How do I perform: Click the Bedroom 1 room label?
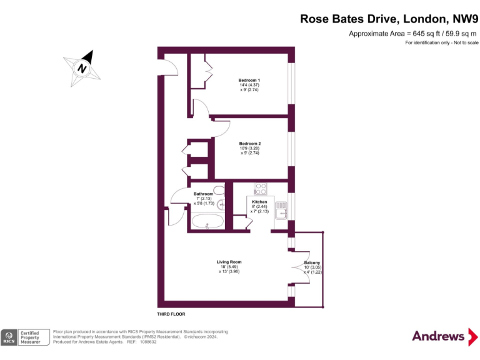point(249,79)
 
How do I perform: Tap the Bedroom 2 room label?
point(249,143)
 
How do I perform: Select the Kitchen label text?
point(259,202)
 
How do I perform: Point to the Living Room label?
point(229,262)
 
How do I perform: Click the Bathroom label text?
point(203,194)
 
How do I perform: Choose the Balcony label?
point(312,262)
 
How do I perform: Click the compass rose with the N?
point(82,66)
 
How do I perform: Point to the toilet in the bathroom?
point(219,190)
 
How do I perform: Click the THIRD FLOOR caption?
point(171,314)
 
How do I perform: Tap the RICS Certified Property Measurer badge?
point(25,337)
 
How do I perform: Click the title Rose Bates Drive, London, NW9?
point(389,19)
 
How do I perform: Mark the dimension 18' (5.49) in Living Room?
point(229,267)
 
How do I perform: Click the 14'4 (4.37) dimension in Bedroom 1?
point(249,84)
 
